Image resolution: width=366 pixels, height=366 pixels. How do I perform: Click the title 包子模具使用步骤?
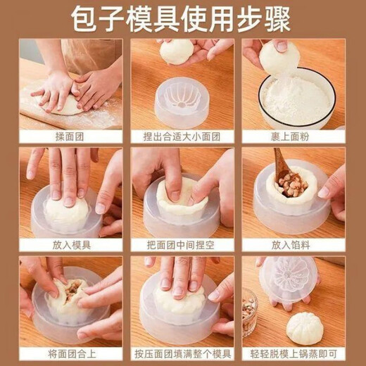click(x=182, y=19)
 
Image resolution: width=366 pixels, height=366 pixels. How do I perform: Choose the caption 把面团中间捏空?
click(x=182, y=244)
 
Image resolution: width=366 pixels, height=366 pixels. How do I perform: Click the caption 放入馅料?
click(x=294, y=244)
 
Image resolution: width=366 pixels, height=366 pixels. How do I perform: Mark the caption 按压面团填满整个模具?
click(x=182, y=352)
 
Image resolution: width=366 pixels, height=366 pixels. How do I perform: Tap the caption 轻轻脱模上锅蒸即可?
click(x=294, y=352)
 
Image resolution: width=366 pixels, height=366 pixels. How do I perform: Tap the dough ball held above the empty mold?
click(x=177, y=51)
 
